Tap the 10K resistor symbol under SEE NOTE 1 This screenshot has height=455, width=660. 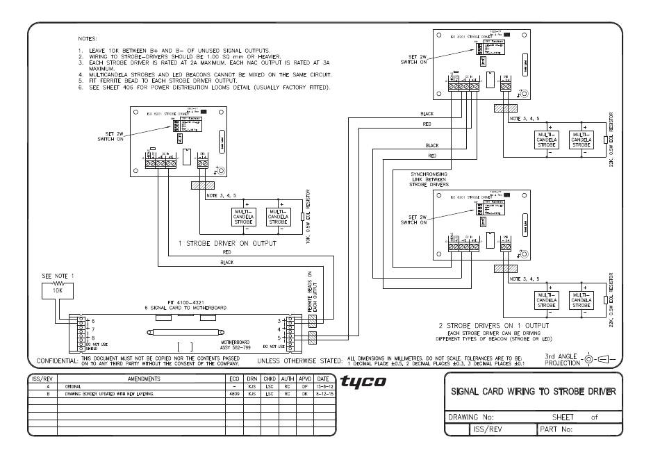pyautogui.click(x=58, y=284)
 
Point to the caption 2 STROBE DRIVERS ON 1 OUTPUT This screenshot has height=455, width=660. pyautogui.click(x=493, y=325)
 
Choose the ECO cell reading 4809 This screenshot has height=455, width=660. pyautogui.click(x=233, y=393)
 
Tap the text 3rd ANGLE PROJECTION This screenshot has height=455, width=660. pyautogui.click(x=561, y=360)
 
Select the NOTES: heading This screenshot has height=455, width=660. pyautogui.click(x=88, y=38)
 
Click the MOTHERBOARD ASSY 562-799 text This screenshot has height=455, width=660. pyautogui.click(x=234, y=345)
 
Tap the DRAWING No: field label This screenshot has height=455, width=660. pyautogui.click(x=473, y=418)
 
